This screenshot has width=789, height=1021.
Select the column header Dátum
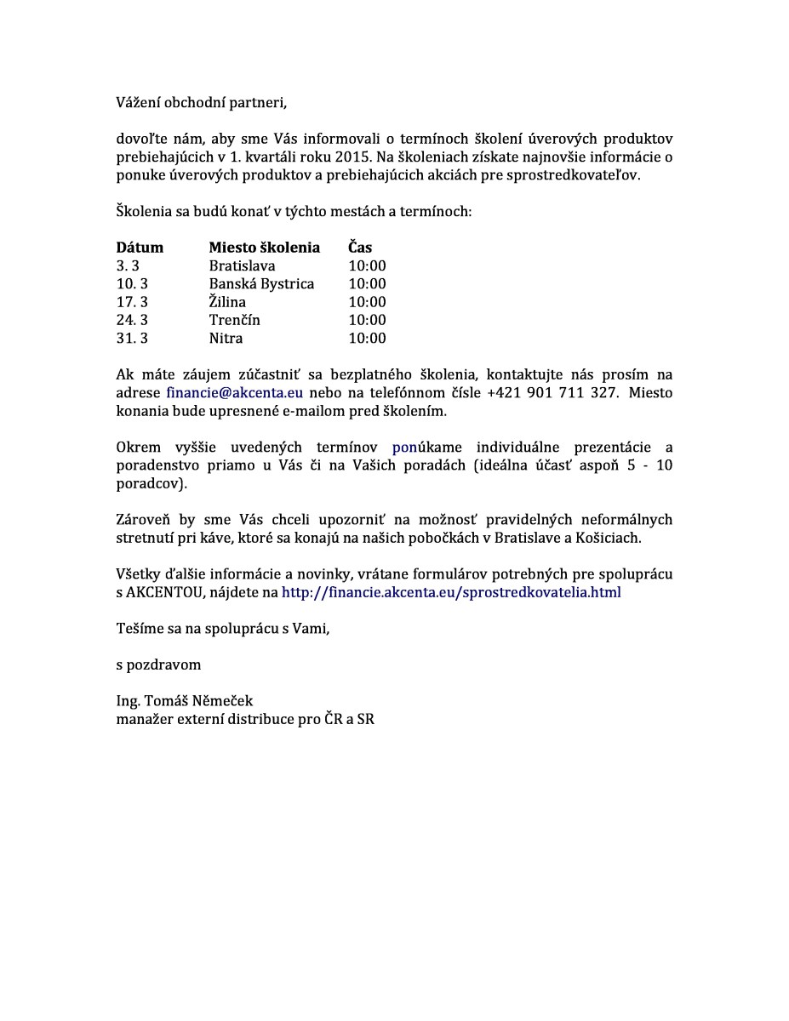pos(140,248)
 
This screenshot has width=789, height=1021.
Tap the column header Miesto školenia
pos(265,248)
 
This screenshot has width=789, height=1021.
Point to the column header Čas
pos(360,248)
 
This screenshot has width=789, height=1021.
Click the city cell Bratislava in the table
pos(242,265)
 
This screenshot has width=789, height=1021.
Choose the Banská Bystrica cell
pos(261,283)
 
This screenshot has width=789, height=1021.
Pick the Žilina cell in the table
pos(227,302)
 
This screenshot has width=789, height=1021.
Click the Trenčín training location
pos(234,320)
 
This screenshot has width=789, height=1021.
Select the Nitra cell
pos(226,338)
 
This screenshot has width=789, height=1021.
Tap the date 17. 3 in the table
pos(132,302)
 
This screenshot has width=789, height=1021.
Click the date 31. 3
pos(132,338)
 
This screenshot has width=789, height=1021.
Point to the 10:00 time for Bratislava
pos(367,265)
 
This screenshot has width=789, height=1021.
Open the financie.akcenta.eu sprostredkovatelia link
pos(451,592)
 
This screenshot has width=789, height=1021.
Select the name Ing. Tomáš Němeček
pos(185,701)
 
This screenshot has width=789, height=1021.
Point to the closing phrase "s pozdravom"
pos(158,665)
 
